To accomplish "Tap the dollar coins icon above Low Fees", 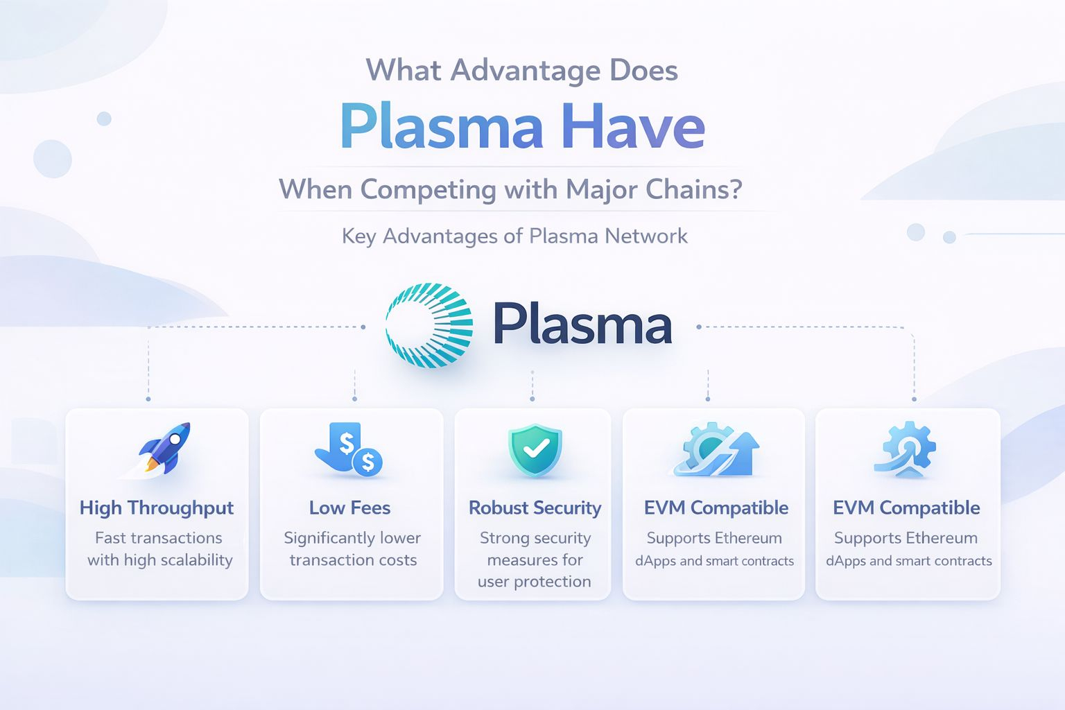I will (349, 450).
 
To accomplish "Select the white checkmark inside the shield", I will (535, 449).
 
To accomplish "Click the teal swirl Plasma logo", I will (429, 324).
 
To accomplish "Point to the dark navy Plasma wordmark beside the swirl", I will (582, 324).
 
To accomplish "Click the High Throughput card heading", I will (157, 508).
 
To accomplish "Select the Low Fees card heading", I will (350, 508).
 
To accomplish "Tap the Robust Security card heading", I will (535, 508).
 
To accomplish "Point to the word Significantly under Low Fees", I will (326, 538).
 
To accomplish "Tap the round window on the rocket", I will (176, 439).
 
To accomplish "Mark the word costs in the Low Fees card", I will (397, 560).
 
